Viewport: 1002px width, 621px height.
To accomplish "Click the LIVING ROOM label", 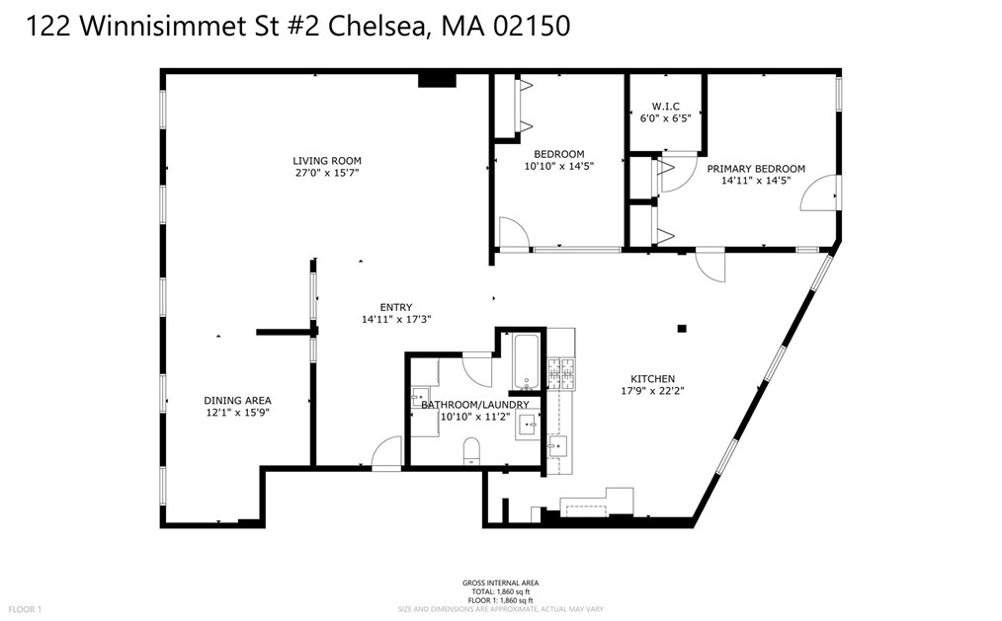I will pos(326,161).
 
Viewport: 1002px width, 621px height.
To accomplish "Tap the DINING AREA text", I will pos(237,400).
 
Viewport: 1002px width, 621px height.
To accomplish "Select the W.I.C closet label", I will pos(663,107).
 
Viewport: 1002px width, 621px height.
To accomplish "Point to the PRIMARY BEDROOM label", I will pos(756,169).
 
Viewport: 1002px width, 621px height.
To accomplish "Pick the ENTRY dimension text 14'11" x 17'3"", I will pos(396,319).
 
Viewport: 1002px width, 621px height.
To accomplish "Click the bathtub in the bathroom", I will pos(525,362).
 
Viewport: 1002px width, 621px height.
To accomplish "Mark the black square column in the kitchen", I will pos(681,329).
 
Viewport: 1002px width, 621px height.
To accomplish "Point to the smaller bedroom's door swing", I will pos(512,233).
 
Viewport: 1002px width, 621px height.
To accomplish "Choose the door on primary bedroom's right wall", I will pos(822,194).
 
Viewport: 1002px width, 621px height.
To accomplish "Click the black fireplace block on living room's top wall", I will pos(436,80).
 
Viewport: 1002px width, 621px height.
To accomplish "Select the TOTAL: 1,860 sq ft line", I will pos(500,591).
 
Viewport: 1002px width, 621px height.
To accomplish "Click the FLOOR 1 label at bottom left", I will pos(26,610).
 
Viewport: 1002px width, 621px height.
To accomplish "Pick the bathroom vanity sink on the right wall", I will pos(527,426).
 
